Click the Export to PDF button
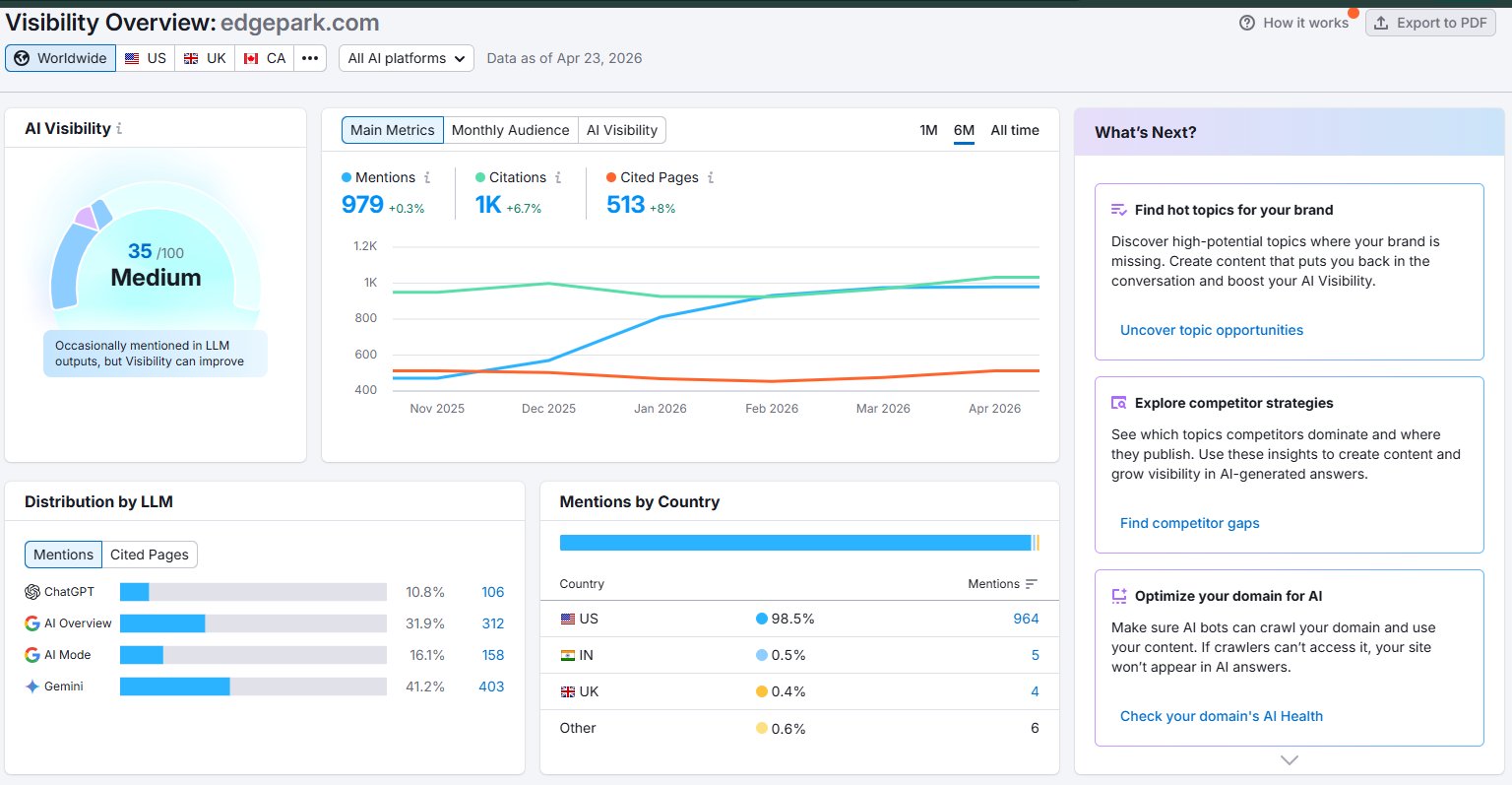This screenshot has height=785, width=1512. pos(1430,23)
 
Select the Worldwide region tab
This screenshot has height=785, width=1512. pos(61,58)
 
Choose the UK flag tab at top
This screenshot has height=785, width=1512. pos(205,58)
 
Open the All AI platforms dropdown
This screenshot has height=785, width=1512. pos(407,58)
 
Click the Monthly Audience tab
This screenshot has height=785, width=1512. pos(510,130)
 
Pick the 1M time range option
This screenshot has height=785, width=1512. pos(928,130)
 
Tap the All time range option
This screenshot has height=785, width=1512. pos(1015,130)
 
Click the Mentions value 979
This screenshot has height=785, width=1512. pos(362,204)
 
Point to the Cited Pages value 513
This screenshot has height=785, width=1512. pos(626,204)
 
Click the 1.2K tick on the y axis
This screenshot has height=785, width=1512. pos(365,246)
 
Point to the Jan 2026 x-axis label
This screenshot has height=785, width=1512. pos(661,408)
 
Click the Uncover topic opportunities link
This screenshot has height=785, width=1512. pos(1212,330)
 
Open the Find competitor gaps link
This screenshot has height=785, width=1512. pos(1189,523)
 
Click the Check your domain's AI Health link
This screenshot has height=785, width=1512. pos(1221,716)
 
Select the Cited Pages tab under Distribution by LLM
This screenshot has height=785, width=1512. pos(150,555)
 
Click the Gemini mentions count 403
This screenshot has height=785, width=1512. pos(491,687)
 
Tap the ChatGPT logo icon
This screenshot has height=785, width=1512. pos(32,592)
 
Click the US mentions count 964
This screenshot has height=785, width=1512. pos(1026,619)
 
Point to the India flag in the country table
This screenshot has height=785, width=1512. pos(568,655)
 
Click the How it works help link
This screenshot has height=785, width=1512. pos(1294,23)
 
